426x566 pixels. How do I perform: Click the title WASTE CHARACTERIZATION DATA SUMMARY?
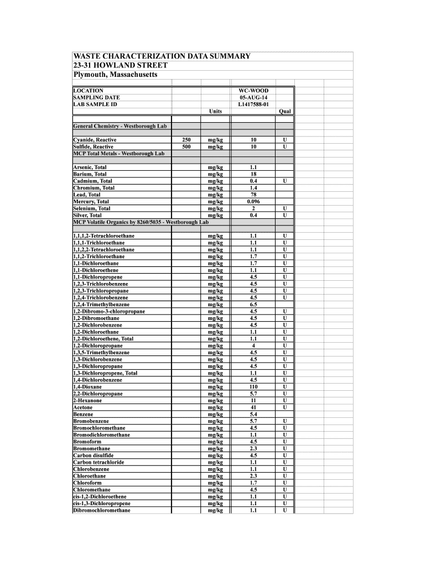pyautogui.click(x=162, y=56)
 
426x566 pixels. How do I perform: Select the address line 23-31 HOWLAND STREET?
pyautogui.click(x=120, y=65)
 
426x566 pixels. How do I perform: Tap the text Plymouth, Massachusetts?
pyautogui.click(x=115, y=75)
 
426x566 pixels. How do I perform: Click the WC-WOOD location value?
pyautogui.click(x=253, y=90)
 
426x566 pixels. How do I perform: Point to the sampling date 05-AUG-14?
pyautogui.click(x=253, y=97)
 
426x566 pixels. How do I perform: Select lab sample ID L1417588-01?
pyautogui.click(x=253, y=104)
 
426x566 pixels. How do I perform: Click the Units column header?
pyautogui.click(x=215, y=111)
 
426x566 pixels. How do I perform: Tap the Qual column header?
pyautogui.click(x=284, y=111)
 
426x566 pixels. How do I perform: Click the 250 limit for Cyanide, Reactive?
pyautogui.click(x=186, y=140)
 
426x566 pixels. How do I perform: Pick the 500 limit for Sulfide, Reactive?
pyautogui.click(x=186, y=147)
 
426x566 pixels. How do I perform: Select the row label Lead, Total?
pyautogui.click(x=87, y=195)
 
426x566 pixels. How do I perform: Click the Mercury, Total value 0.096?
pyautogui.click(x=253, y=202)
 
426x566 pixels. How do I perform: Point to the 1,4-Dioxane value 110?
pyautogui.click(x=253, y=387)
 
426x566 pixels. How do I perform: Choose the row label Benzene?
pyautogui.click(x=83, y=415)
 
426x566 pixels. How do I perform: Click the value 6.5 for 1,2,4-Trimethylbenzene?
pyautogui.click(x=253, y=305)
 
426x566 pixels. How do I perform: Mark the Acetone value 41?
pyautogui.click(x=253, y=407)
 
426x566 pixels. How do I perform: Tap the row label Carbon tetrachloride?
pyautogui.click(x=98, y=462)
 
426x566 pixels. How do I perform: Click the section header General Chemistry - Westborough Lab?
pyautogui.click(x=120, y=127)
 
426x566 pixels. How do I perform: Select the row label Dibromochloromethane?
pyautogui.click(x=102, y=510)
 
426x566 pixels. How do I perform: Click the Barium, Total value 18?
pyautogui.click(x=253, y=174)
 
